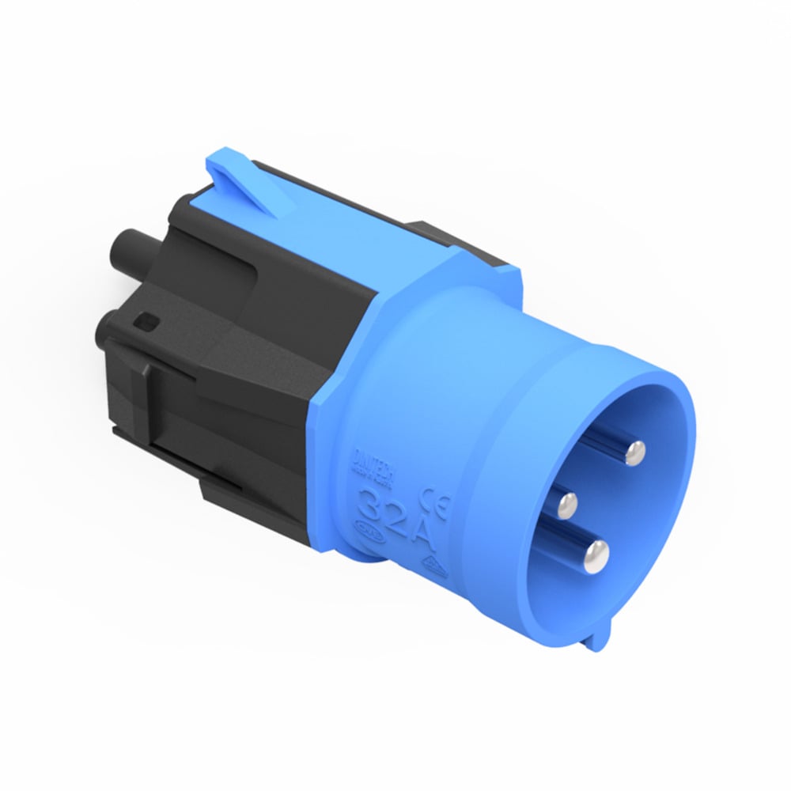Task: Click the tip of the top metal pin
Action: [x=634, y=452]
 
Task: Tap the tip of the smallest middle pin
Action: [x=566, y=501]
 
